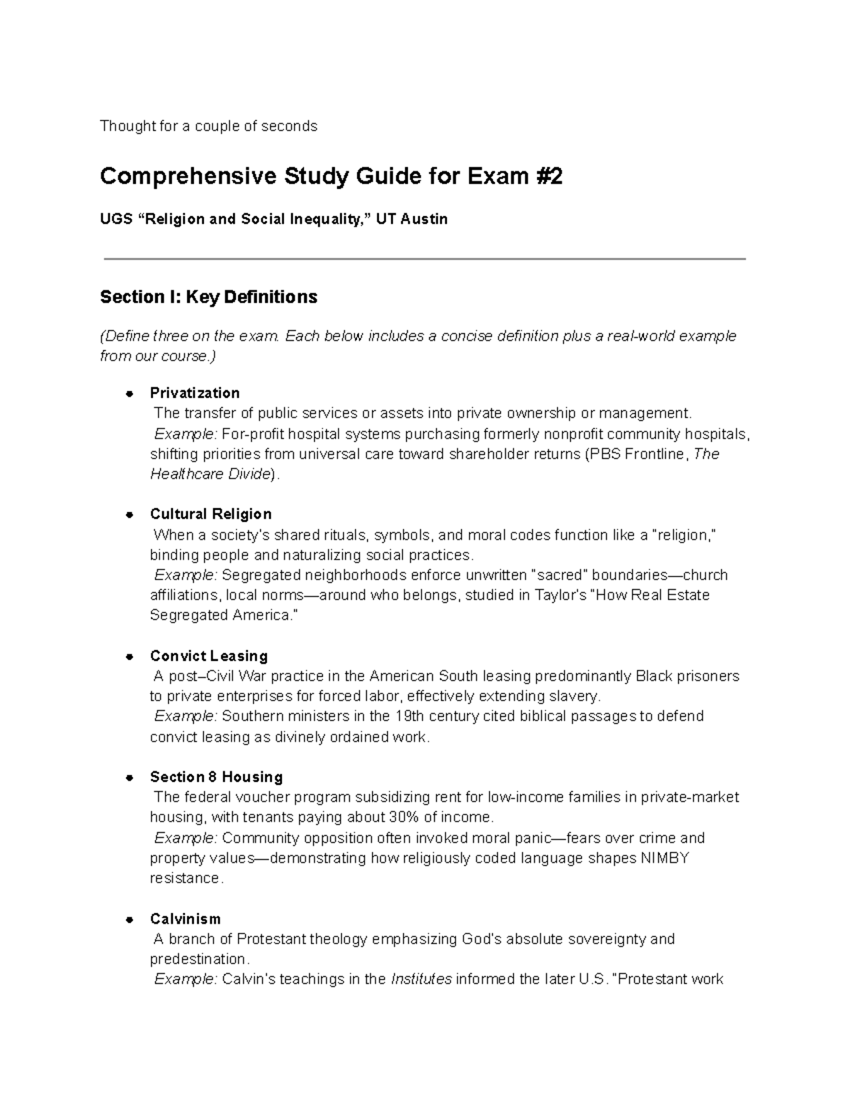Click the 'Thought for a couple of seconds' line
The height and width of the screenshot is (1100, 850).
coord(208,126)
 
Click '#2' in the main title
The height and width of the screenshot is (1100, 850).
coord(547,176)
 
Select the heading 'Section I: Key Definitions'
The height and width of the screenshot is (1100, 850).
coord(208,297)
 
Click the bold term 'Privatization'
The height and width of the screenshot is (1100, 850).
coord(195,393)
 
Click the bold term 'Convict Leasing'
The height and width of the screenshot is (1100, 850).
coord(208,656)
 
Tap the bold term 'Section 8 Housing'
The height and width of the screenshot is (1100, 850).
coord(216,777)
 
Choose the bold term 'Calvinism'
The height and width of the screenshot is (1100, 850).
coord(185,919)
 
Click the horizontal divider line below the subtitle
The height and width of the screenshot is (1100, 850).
coord(425,259)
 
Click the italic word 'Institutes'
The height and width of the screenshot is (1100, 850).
coord(421,980)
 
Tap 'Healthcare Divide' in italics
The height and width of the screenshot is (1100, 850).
coord(210,474)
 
